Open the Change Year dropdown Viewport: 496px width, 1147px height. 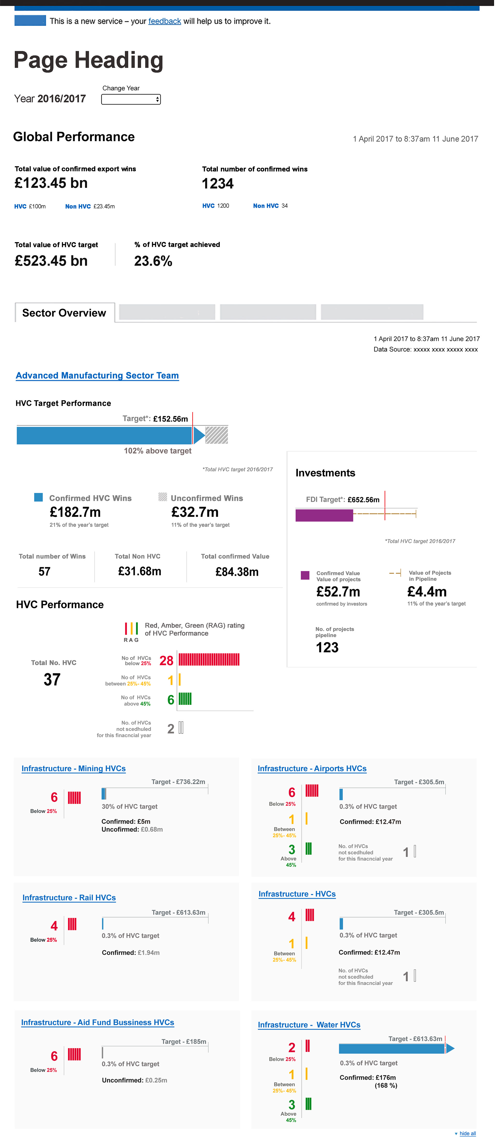click(x=131, y=99)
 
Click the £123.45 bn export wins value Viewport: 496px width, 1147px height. click(x=51, y=183)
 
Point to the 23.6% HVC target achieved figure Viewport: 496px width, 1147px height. click(x=153, y=261)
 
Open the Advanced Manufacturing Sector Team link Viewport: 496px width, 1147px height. click(x=97, y=375)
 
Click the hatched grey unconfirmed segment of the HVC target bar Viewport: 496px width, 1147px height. click(x=217, y=435)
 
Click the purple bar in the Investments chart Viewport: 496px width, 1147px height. click(x=324, y=515)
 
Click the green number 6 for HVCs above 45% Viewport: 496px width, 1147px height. click(x=171, y=700)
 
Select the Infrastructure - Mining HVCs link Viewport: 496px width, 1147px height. click(x=73, y=769)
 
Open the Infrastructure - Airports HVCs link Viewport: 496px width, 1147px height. click(x=312, y=769)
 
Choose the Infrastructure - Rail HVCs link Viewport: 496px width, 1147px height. click(x=69, y=898)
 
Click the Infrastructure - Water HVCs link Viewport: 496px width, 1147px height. click(x=309, y=1024)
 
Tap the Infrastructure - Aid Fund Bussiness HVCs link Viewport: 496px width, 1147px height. click(x=97, y=1022)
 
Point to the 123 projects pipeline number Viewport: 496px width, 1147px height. click(x=327, y=647)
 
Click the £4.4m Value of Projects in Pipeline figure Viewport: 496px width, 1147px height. click(x=427, y=592)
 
